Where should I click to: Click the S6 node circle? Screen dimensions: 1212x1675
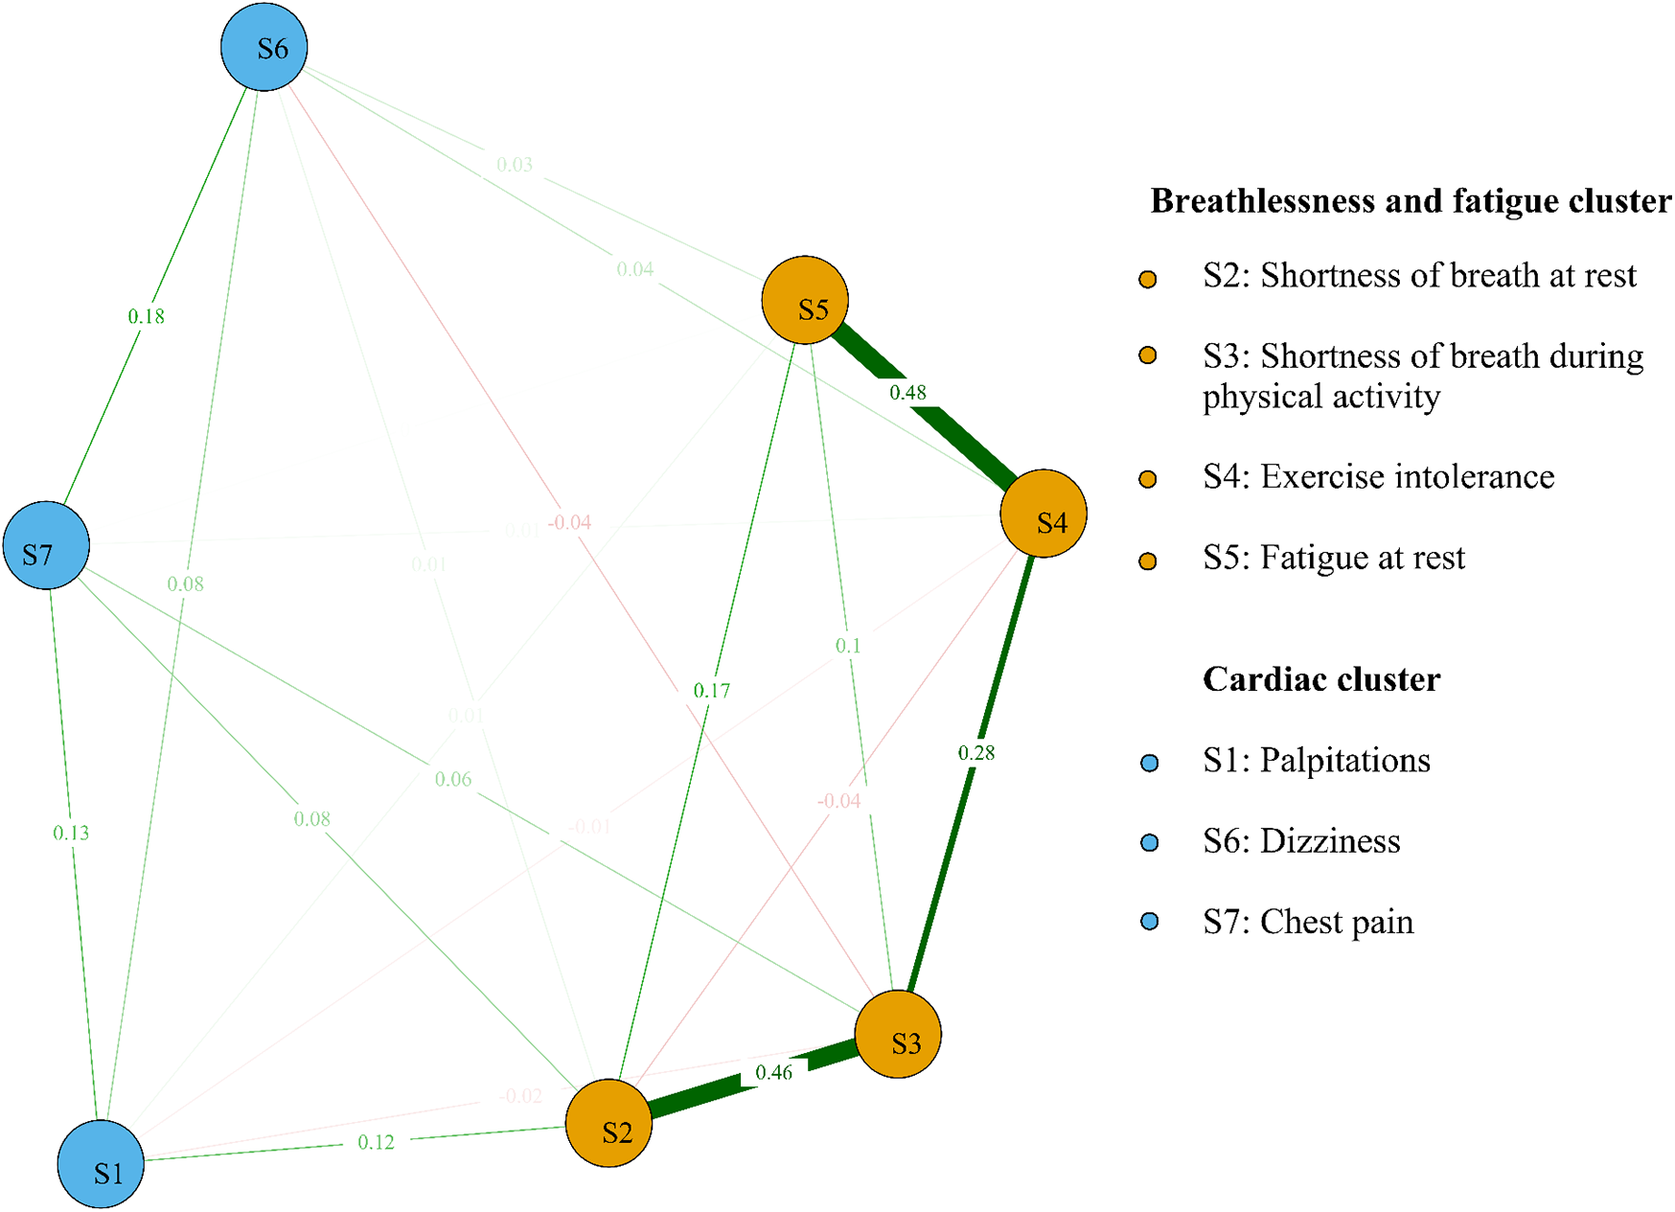[264, 47]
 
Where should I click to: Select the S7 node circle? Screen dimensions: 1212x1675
[46, 545]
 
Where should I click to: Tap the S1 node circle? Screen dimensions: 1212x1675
[101, 1164]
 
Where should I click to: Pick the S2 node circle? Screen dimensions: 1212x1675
[608, 1123]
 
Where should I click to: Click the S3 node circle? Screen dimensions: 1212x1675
[897, 1035]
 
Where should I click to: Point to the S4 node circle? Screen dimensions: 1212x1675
[1043, 514]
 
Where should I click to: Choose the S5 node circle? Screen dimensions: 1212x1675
[805, 300]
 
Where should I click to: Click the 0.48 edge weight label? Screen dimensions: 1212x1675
[907, 392]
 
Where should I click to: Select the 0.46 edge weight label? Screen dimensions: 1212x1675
[773, 1072]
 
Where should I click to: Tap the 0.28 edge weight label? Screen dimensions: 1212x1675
[976, 753]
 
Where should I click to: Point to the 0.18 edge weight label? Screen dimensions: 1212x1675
[147, 316]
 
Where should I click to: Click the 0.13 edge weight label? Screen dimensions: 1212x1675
[71, 833]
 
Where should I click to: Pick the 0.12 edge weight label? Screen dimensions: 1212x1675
[376, 1142]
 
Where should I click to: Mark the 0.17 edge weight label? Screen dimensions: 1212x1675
[711, 690]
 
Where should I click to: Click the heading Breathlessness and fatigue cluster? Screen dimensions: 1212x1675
[1410, 201]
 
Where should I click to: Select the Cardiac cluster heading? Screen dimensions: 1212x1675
[1320, 679]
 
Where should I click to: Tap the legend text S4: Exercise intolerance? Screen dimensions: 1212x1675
[1378, 476]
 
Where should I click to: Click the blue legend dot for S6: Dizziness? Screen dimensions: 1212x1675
[1150, 842]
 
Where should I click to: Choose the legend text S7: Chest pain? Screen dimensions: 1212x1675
[1307, 922]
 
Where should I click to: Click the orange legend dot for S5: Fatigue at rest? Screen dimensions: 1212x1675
[1147, 560]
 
